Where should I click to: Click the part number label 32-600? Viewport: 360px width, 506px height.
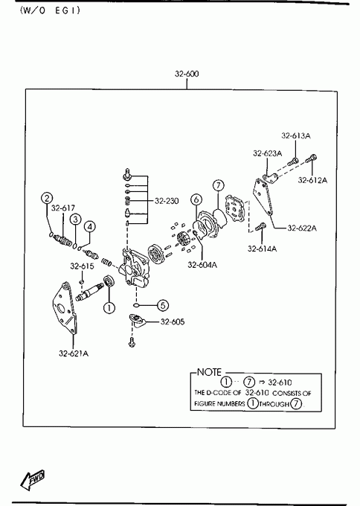click(187, 74)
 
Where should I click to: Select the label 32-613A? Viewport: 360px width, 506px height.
click(296, 136)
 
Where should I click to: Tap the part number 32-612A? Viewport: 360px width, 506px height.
click(312, 180)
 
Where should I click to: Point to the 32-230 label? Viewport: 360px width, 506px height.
click(167, 201)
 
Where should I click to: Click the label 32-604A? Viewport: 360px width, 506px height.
click(202, 265)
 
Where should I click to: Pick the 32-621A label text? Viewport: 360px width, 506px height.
click(74, 353)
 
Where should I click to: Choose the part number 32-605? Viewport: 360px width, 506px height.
click(173, 321)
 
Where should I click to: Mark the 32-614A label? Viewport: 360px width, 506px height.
click(262, 249)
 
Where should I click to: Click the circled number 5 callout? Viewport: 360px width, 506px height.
click(163, 305)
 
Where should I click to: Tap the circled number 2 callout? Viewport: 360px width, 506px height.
click(47, 198)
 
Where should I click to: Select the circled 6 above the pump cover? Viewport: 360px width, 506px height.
click(196, 199)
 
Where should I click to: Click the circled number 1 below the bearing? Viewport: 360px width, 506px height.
click(109, 307)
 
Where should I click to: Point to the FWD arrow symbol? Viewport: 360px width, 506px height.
click(32, 479)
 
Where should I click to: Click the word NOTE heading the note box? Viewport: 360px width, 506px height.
click(209, 372)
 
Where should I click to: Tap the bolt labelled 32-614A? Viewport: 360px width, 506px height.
click(260, 226)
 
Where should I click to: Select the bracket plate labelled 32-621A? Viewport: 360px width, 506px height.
click(65, 308)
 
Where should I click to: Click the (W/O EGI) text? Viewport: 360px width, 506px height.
click(50, 10)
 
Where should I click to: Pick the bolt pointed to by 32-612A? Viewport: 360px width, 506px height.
click(311, 158)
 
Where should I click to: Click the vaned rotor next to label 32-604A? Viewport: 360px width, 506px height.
click(182, 241)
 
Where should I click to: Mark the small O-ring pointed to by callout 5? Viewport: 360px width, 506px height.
click(136, 305)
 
